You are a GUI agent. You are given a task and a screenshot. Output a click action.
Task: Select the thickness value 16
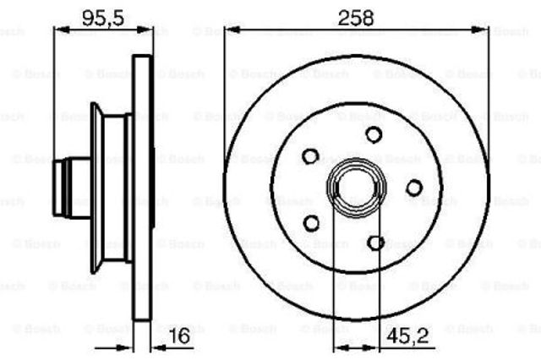(x=180, y=336)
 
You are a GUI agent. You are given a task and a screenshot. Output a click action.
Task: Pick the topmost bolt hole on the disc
(x=374, y=134)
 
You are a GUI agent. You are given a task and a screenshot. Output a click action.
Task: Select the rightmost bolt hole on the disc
(x=413, y=188)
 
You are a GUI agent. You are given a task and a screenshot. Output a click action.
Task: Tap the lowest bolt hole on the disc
(x=376, y=243)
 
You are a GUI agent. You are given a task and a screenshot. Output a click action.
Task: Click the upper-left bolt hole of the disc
(x=310, y=155)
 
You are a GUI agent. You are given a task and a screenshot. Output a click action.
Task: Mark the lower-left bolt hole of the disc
(x=310, y=222)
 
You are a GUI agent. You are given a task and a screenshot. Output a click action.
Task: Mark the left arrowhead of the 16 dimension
(x=129, y=346)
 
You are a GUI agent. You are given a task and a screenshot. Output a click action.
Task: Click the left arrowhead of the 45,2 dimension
(x=339, y=346)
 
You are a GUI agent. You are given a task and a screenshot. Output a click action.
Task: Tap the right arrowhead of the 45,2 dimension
(x=373, y=346)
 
